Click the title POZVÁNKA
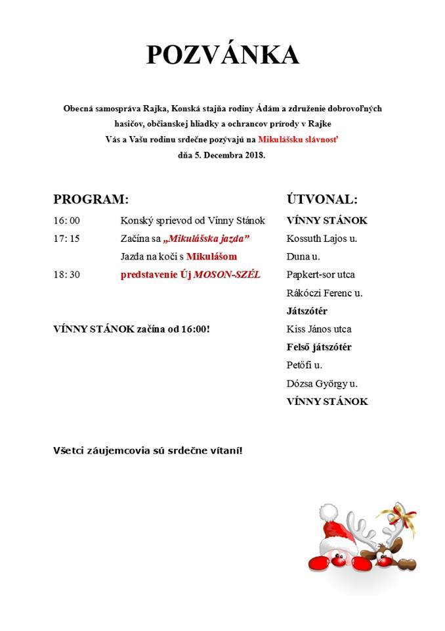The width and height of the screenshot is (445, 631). (222, 56)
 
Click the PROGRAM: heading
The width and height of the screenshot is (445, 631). (91, 199)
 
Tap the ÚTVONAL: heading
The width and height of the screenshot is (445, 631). (322, 199)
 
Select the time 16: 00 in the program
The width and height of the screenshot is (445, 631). (66, 221)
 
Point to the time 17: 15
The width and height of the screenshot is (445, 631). (66, 239)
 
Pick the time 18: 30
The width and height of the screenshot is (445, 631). (66, 275)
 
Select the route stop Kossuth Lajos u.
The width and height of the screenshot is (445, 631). (322, 239)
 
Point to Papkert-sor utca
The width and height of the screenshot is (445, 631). (320, 275)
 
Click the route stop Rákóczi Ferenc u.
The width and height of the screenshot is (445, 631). (324, 293)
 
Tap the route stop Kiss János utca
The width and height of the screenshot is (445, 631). (319, 329)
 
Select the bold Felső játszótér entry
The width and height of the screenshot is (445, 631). (319, 347)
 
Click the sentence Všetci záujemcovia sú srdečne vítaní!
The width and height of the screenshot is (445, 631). (148, 451)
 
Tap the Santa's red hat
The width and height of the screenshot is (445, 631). (336, 523)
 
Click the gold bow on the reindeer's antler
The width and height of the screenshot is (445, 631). (406, 512)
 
